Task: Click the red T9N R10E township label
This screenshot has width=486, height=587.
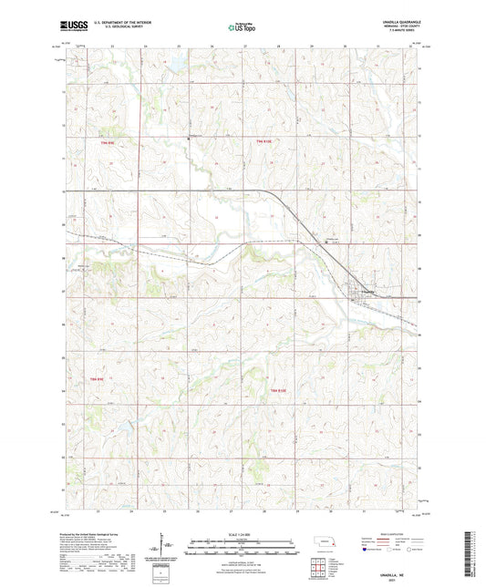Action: [x=264, y=141]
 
